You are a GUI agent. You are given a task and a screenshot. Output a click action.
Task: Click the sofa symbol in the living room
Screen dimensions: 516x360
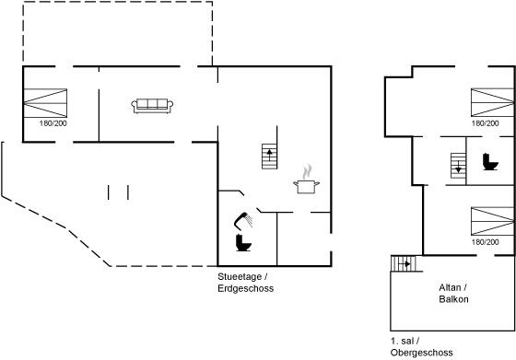click(152, 106)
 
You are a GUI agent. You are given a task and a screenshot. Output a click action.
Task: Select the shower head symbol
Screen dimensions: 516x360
click(243, 220)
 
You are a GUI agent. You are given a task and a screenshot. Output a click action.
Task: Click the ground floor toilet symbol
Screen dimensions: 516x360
click(243, 243)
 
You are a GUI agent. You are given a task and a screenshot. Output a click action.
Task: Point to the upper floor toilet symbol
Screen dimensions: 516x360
click(490, 162)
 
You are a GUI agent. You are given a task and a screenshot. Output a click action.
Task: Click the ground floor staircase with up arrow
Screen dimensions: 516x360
click(269, 157)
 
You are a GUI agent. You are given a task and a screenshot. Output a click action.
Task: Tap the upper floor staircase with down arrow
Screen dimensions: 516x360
click(459, 166)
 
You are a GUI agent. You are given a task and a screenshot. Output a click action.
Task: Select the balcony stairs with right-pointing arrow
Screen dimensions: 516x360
click(404, 263)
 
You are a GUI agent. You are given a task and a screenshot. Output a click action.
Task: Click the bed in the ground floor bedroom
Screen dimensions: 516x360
click(45, 103)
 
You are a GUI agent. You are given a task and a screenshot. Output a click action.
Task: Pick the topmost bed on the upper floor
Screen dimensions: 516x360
click(492, 102)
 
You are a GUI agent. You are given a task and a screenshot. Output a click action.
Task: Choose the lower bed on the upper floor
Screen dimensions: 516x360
click(492, 221)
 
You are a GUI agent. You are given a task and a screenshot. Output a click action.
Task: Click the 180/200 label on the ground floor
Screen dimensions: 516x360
click(53, 123)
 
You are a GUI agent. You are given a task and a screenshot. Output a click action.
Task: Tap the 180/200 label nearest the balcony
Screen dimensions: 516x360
click(485, 242)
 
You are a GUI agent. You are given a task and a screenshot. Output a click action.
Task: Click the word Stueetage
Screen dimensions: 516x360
click(240, 277)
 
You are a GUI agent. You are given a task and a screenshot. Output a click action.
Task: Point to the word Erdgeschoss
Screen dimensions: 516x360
click(245, 288)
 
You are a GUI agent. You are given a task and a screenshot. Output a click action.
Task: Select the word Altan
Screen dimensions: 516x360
click(450, 287)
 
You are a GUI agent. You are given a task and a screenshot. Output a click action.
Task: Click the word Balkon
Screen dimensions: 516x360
click(453, 299)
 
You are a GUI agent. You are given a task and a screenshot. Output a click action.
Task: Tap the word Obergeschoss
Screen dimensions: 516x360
click(422, 353)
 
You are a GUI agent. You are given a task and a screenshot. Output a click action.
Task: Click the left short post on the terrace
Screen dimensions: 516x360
click(109, 192)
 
